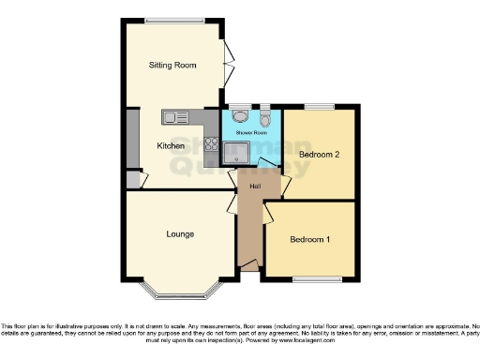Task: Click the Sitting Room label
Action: click(173, 66)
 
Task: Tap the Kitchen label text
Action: click(170, 146)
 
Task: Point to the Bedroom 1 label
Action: click(308, 240)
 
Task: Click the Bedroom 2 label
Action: click(318, 154)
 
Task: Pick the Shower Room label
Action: click(251, 133)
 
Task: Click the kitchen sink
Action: click(176, 117)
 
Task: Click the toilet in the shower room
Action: click(266, 119)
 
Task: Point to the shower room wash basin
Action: click(241, 118)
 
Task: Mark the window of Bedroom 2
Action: click(319, 106)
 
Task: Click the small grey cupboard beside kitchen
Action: click(132, 179)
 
